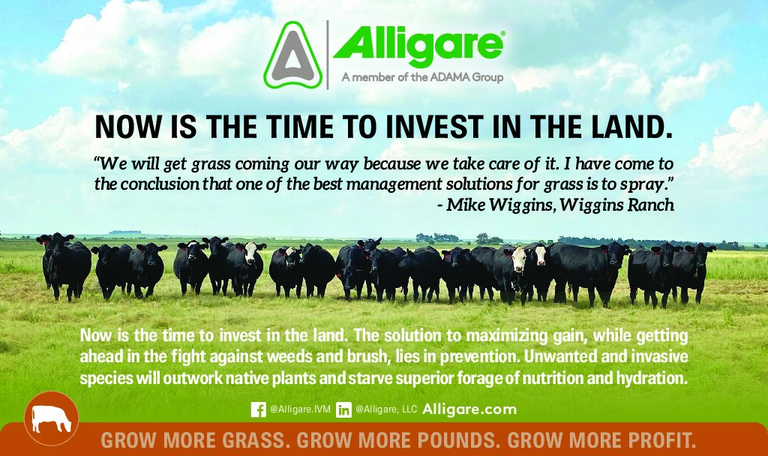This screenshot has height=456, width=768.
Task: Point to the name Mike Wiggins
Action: (x=499, y=205)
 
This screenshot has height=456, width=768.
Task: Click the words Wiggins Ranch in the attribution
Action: (x=617, y=205)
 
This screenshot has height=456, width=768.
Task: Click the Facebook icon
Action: (x=258, y=409)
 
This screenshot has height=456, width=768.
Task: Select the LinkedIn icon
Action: (x=343, y=409)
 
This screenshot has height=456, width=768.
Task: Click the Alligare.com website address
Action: (x=469, y=409)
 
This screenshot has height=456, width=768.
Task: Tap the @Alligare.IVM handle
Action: (x=300, y=409)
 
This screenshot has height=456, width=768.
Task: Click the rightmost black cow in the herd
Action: (x=694, y=271)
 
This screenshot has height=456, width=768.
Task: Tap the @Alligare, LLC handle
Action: (x=386, y=409)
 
